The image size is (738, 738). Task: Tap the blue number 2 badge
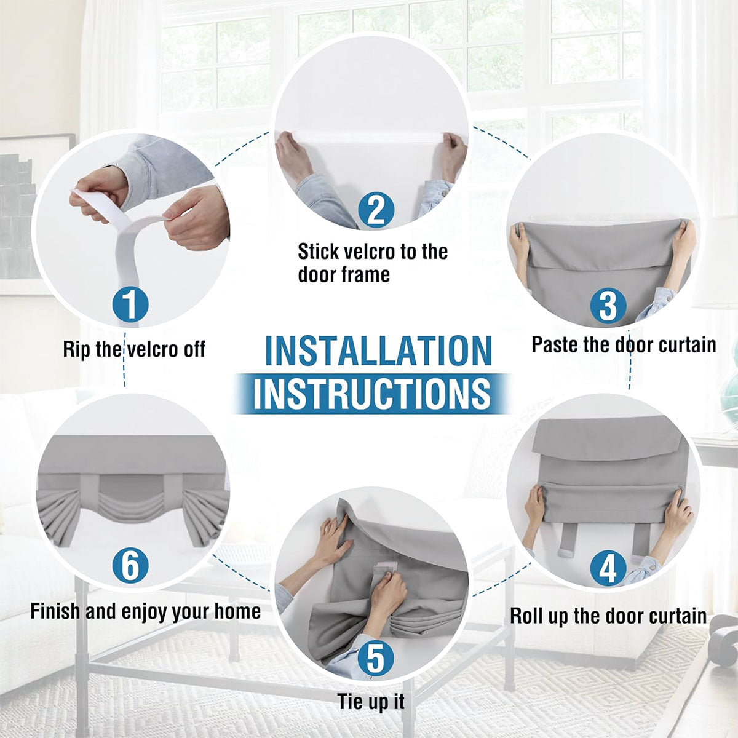click(376, 210)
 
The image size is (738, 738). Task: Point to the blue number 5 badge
click(376, 648)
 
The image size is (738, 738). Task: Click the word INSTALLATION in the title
click(378, 351)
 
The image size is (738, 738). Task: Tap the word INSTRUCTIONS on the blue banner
click(371, 393)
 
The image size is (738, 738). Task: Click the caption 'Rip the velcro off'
click(134, 350)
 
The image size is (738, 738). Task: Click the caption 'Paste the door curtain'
click(624, 344)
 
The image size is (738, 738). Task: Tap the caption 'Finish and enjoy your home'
click(146, 611)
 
